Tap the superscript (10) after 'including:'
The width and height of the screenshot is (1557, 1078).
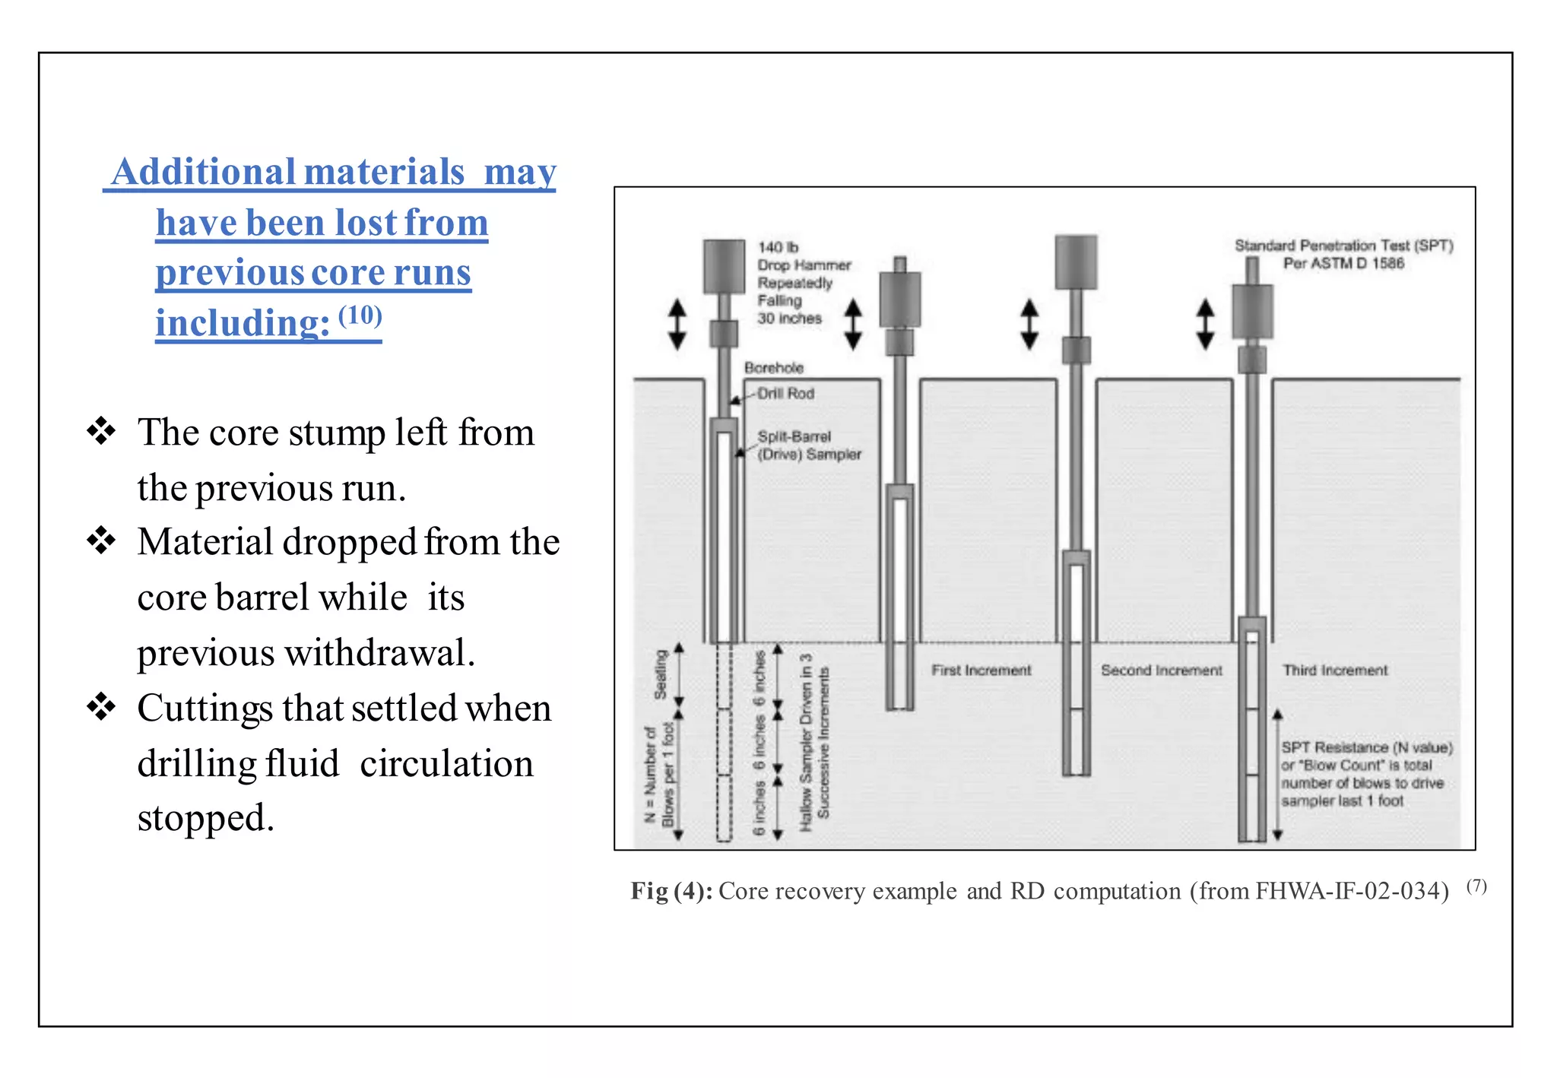coord(360,314)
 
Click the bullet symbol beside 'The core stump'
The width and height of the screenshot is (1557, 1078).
coord(101,431)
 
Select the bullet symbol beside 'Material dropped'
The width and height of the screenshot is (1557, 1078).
coord(101,541)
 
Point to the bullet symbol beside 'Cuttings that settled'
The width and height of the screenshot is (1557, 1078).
coord(101,706)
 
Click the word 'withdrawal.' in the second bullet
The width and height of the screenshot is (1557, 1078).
coord(380,653)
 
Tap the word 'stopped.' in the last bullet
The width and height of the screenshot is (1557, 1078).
coord(205,818)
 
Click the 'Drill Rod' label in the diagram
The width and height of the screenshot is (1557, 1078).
coord(785,393)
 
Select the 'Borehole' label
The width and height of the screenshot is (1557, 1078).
coord(774,368)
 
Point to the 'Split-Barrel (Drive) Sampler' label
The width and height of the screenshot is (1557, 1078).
coord(808,445)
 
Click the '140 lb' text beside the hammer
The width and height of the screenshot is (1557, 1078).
coord(778,247)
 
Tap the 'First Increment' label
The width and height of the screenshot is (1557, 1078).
coord(981,670)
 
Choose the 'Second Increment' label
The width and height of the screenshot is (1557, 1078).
coord(1161,670)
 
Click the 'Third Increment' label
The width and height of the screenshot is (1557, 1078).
coord(1335,670)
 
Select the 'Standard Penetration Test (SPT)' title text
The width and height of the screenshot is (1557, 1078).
coord(1343,246)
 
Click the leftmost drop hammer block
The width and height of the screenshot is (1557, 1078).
coord(724,266)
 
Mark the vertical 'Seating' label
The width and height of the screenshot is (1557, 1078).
coord(661,674)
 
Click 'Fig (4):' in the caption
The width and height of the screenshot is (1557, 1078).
coord(671,890)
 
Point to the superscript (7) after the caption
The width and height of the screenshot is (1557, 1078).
coord(1476,886)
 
